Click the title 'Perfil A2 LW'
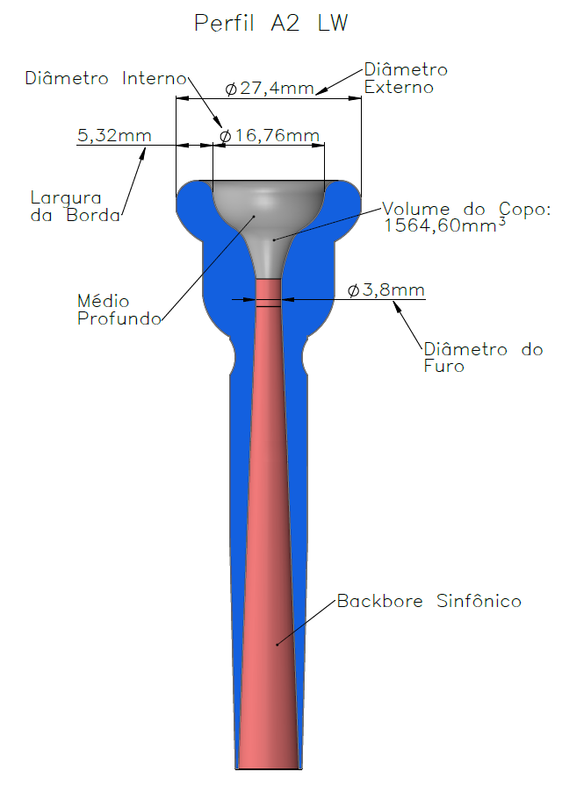[270, 23]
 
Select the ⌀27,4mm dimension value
[270, 88]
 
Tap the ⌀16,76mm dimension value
[270, 135]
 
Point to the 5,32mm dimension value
[114, 135]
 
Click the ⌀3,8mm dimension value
[386, 289]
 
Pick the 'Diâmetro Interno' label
[106, 78]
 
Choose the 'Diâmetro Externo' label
[406, 78]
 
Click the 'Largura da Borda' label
[76, 206]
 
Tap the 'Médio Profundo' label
[119, 310]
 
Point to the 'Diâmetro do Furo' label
[483, 358]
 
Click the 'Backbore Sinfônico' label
[429, 601]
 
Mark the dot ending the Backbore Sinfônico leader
[277, 644]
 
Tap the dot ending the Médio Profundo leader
[254, 216]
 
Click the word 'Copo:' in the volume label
[525, 209]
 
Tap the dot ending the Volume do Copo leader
[274, 239]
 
